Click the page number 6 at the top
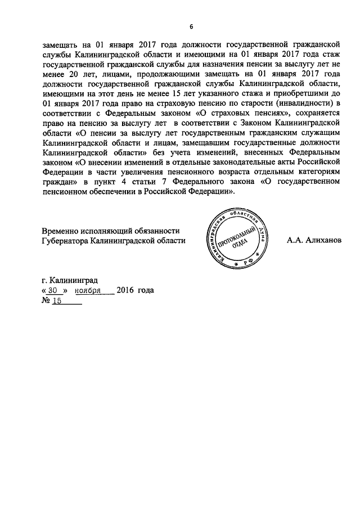click(191, 27)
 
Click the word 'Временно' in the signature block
click(61, 231)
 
